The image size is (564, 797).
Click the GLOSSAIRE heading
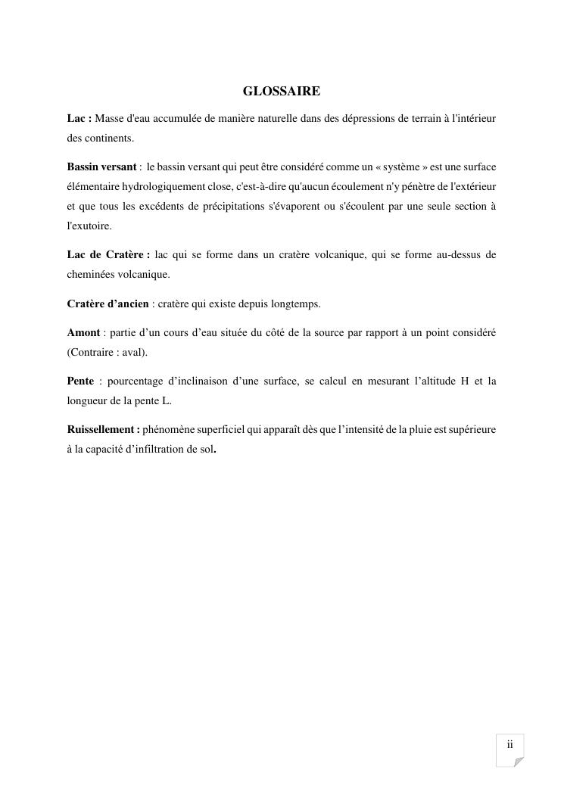(x=281, y=92)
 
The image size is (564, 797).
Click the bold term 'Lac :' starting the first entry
(x=79, y=119)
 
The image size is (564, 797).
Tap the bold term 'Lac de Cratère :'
(x=108, y=255)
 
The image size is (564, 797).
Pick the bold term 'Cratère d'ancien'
(x=108, y=304)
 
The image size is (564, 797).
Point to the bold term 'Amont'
(x=83, y=333)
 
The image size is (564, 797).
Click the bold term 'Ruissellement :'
(x=104, y=430)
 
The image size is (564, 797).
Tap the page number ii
(x=510, y=744)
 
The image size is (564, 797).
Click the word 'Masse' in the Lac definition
(x=110, y=119)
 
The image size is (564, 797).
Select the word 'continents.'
(x=100, y=139)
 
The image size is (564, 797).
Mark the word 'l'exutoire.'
(x=89, y=226)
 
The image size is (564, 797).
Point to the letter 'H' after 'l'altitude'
(x=465, y=381)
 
